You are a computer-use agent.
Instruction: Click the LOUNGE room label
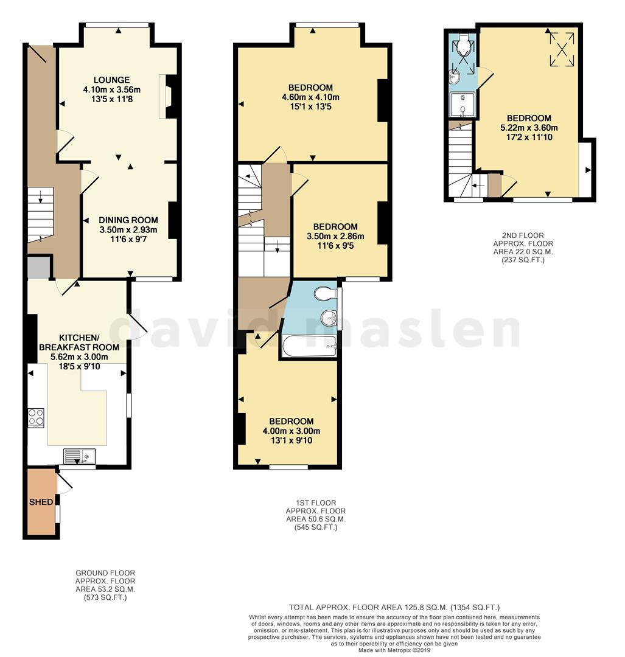(x=111, y=80)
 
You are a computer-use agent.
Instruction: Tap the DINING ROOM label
(x=128, y=220)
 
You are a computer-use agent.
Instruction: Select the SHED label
(x=41, y=501)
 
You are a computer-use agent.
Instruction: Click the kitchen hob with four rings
(x=36, y=418)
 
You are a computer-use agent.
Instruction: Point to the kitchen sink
(x=80, y=456)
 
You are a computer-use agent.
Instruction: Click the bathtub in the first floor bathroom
(x=309, y=346)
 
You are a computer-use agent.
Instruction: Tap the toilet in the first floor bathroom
(x=326, y=293)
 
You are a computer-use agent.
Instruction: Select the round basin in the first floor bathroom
(x=329, y=318)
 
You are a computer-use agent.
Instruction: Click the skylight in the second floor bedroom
(x=562, y=49)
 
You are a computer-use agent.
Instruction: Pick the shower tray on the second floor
(x=463, y=105)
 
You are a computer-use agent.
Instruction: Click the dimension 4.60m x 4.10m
(x=310, y=97)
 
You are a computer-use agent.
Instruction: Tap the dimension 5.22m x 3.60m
(x=529, y=127)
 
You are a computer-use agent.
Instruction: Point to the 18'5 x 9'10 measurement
(x=79, y=367)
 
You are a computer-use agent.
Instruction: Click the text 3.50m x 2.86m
(x=335, y=236)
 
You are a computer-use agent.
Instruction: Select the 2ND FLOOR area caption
(x=523, y=248)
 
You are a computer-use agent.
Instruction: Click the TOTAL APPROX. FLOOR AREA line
(x=394, y=607)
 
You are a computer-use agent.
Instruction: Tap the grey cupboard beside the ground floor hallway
(x=39, y=267)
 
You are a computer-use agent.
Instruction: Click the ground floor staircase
(x=41, y=215)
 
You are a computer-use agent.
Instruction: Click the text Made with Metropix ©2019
(x=394, y=650)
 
